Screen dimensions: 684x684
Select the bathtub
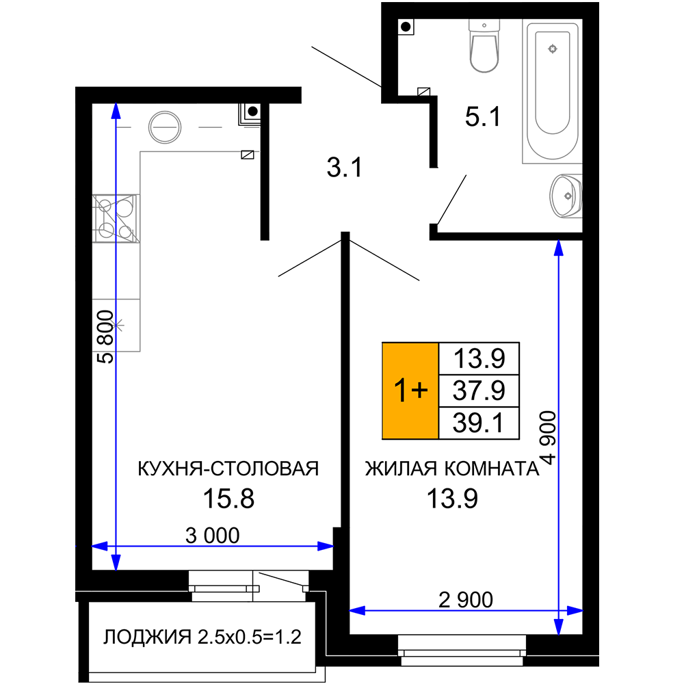pos(552,91)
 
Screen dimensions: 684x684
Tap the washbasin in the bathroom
pos(566,196)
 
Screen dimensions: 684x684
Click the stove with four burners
pos(116,218)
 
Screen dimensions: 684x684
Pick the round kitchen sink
pos(164,127)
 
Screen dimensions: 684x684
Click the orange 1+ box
pos(410,391)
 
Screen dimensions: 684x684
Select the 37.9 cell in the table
pos(479,391)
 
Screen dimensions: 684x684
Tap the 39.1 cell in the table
pos(479,423)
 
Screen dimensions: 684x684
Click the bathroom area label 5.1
pos(482,117)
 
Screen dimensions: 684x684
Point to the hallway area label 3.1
pos(345,168)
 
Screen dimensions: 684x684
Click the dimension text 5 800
pos(105,337)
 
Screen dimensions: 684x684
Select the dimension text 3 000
pos(213,536)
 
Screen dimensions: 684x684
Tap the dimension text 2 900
pos(465,600)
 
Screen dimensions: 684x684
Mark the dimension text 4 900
pos(548,438)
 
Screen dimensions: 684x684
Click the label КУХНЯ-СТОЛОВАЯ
pos(228,469)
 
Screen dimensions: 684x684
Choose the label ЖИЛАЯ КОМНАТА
pos(452,469)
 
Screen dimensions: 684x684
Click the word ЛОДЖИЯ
pos(147,637)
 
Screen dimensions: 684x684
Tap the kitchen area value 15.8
pos(228,499)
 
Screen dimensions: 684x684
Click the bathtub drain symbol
pos(553,49)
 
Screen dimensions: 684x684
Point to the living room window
pos(462,650)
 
